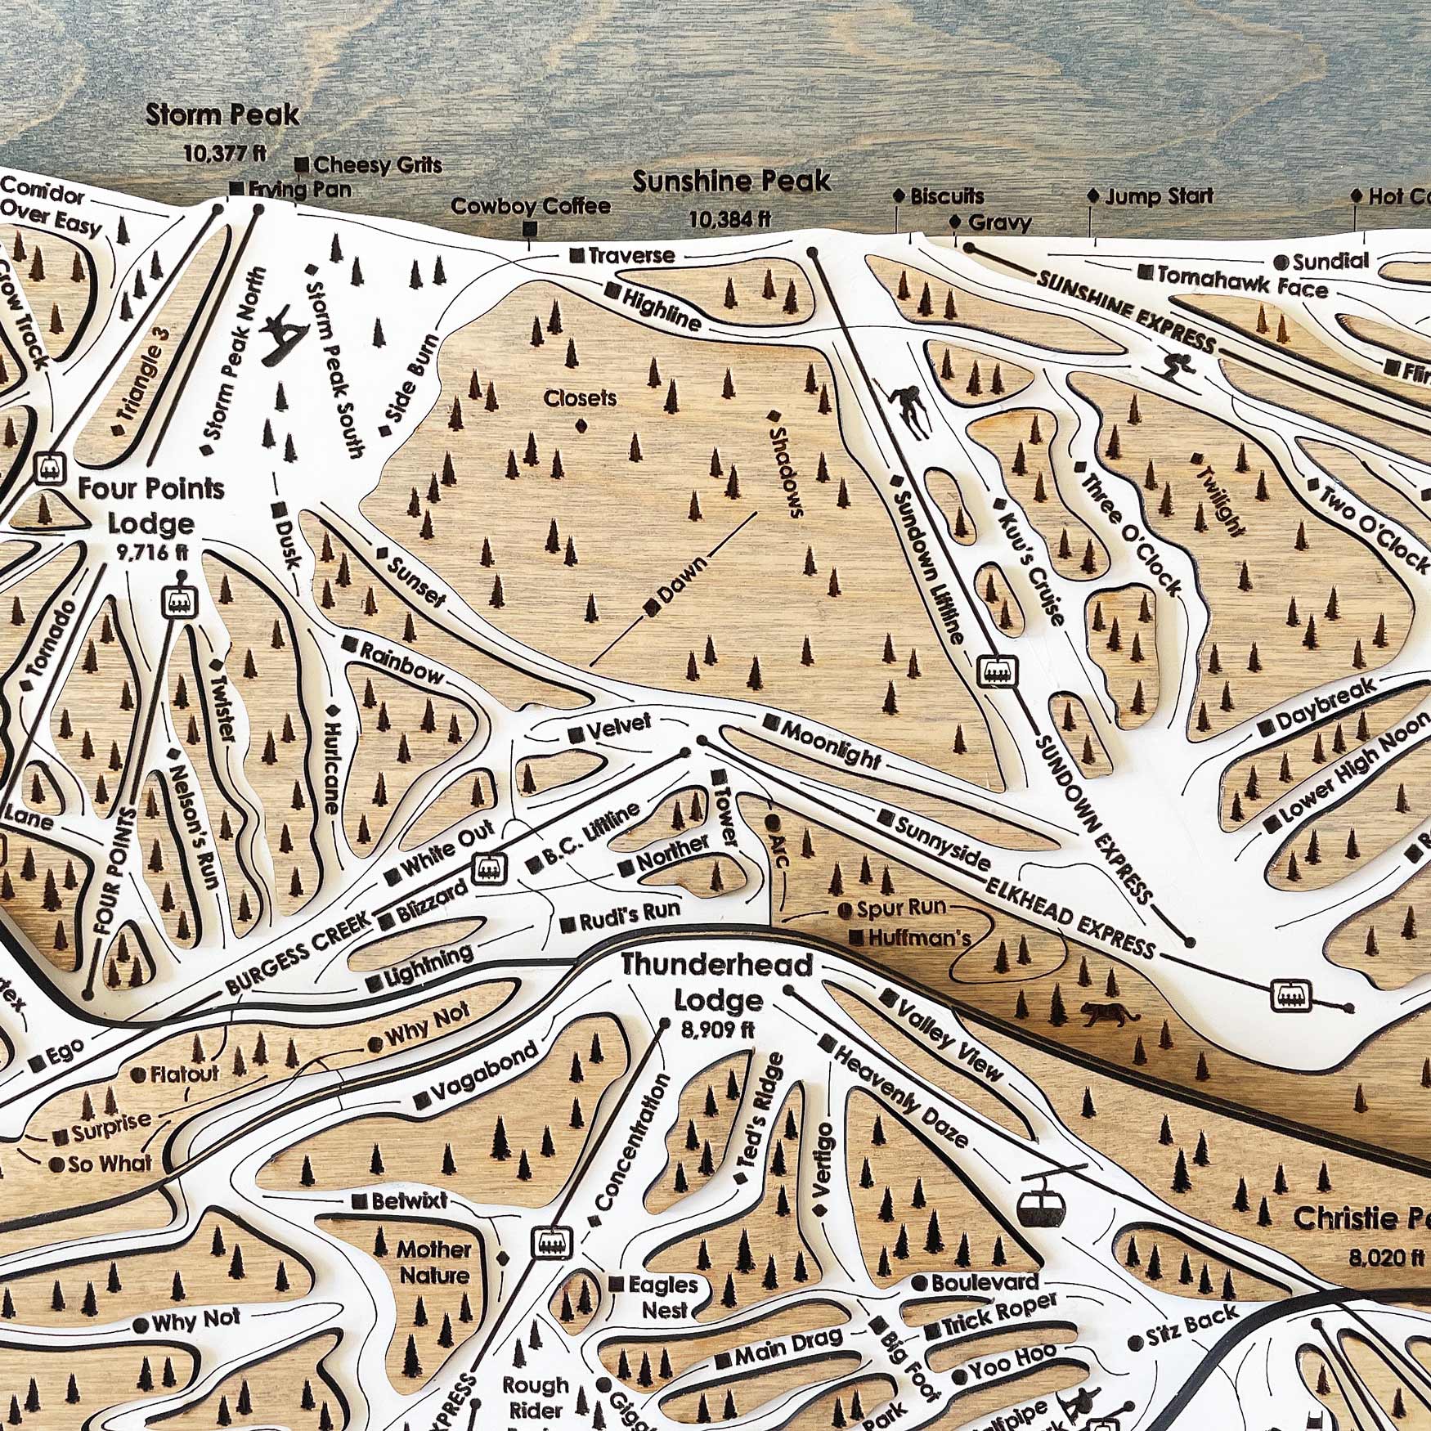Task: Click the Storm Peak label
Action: pyautogui.click(x=222, y=115)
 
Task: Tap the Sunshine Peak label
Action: pyautogui.click(x=731, y=182)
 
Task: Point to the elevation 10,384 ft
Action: pyautogui.click(x=730, y=219)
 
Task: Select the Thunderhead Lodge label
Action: pyautogui.click(x=717, y=982)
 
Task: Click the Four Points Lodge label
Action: pyautogui.click(x=151, y=506)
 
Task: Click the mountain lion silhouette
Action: pyautogui.click(x=1110, y=1015)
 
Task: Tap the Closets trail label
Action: pyautogui.click(x=581, y=398)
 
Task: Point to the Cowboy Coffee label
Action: pyautogui.click(x=531, y=206)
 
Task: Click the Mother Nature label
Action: pyautogui.click(x=434, y=1262)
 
